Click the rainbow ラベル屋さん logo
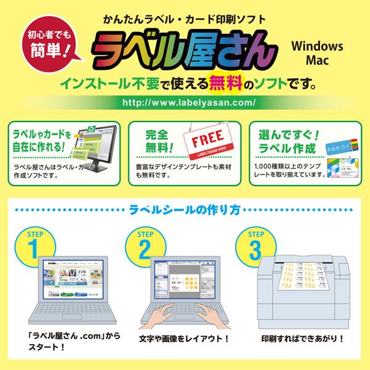(x=179, y=49)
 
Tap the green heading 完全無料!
(x=150, y=141)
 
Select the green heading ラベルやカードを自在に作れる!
(x=37, y=141)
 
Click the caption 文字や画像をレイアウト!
(x=185, y=339)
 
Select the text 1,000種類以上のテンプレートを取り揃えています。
(x=288, y=170)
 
